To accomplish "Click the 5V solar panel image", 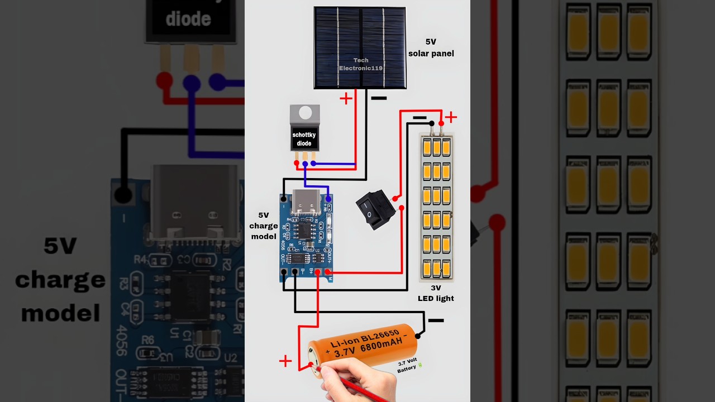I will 360,47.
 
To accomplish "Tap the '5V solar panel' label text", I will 431,48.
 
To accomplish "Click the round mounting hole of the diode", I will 305,113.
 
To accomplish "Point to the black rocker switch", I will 375,209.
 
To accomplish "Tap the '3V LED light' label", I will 436,293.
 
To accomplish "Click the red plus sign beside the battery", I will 285,361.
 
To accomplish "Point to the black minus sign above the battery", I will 436,320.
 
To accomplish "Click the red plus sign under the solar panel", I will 346,98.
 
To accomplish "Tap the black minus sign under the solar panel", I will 379,98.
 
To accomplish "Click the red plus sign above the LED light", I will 451,117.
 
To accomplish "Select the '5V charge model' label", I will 264,226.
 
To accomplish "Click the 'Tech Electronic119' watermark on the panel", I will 360,64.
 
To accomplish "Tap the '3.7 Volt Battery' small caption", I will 408,366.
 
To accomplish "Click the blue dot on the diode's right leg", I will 313,164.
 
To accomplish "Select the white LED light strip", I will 436,207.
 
